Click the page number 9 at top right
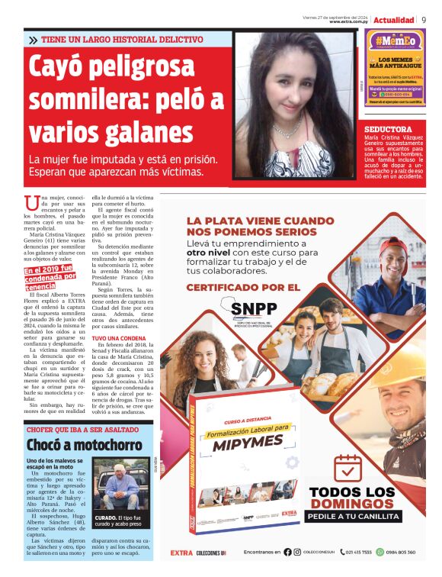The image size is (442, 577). [424, 19]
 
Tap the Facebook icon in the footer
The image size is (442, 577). [288, 552]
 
